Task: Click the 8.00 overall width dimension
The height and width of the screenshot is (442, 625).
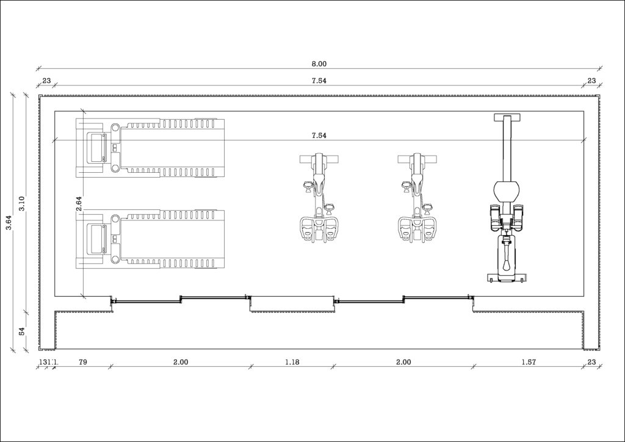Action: click(319, 63)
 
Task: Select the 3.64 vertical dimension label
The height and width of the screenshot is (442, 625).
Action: click(9, 223)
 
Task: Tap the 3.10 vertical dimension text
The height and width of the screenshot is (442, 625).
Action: click(22, 203)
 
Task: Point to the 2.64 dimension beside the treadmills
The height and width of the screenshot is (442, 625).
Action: click(79, 203)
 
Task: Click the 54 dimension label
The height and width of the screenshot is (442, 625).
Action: click(22, 331)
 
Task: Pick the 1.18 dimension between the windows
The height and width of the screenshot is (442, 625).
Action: click(292, 362)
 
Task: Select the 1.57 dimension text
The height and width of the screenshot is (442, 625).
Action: click(528, 362)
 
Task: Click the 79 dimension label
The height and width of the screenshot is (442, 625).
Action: click(83, 362)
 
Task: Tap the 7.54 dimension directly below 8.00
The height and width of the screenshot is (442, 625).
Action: click(319, 81)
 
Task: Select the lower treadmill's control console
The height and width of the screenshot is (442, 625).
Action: click(96, 239)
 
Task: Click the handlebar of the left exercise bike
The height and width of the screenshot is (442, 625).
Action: click(318, 159)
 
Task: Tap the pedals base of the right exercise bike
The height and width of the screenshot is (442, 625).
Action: click(417, 230)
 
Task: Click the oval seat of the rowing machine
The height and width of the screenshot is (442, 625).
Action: click(506, 190)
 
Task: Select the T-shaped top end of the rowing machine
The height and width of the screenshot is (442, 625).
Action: click(506, 118)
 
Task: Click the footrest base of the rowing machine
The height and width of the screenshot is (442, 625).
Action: click(506, 278)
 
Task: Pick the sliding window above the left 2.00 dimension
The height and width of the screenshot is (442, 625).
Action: click(181, 299)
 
